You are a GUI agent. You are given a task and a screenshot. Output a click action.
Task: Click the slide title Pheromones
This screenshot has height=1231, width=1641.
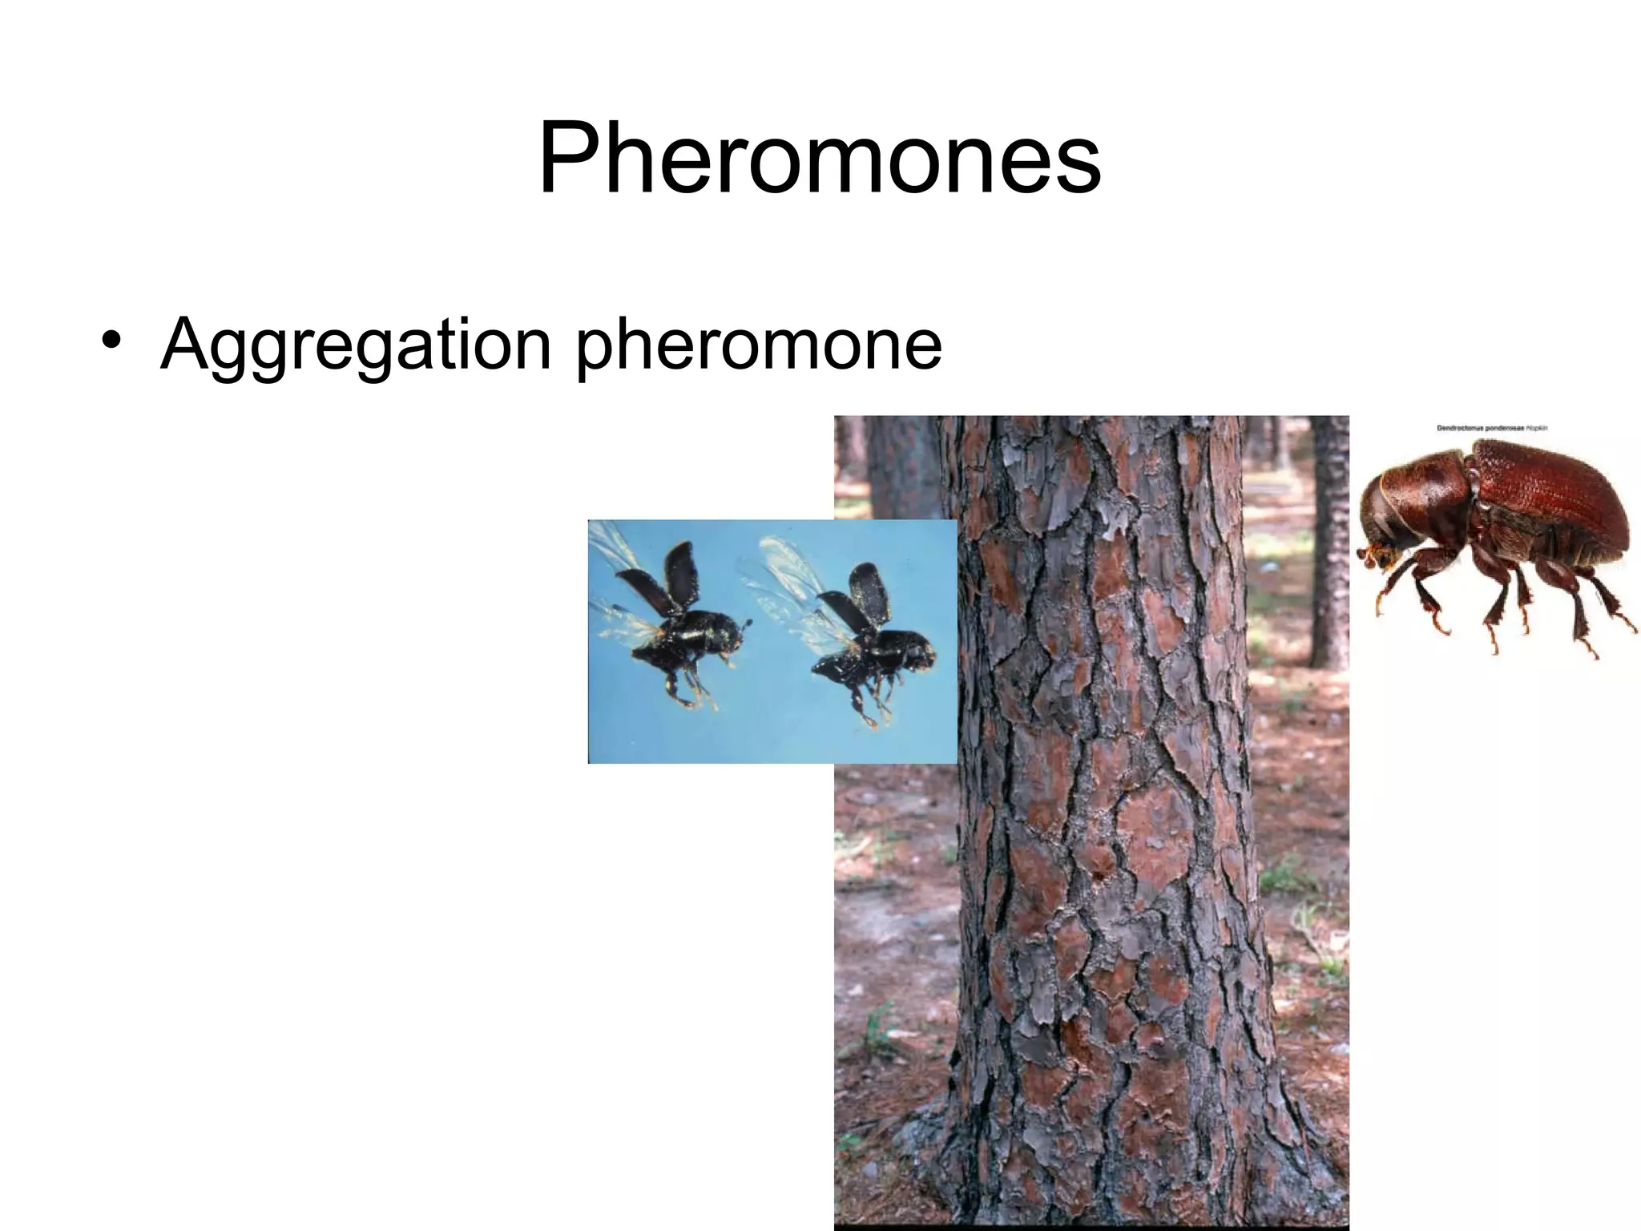tap(820, 160)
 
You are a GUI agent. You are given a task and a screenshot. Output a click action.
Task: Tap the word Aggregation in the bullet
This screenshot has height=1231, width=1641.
tap(356, 344)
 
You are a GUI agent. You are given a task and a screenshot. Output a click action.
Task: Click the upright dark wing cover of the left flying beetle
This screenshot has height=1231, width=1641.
tap(673, 573)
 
